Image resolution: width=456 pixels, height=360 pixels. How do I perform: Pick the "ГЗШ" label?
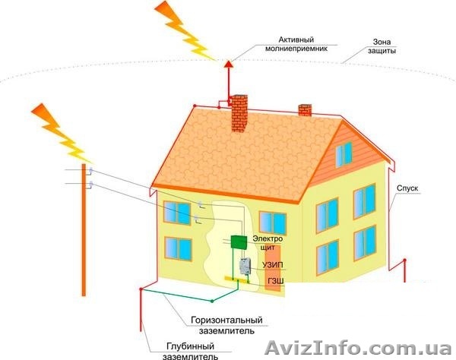click(x=275, y=282)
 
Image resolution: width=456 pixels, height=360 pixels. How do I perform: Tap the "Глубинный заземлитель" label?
click(x=192, y=350)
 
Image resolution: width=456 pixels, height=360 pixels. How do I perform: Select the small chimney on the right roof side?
click(x=306, y=110)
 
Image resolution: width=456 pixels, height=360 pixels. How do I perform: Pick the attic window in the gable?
click(x=344, y=154)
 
